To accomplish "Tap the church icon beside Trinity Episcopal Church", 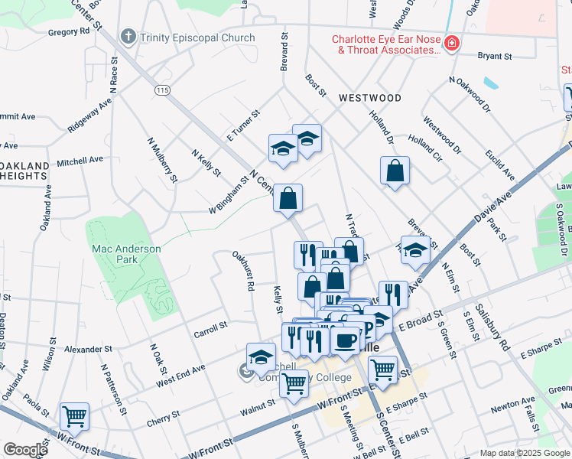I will coord(128,37).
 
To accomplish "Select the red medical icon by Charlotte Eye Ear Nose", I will coord(452,44).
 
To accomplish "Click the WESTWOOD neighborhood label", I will coord(370,98).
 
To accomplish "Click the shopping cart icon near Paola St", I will coord(75,417).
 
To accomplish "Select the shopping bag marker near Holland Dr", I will coord(395,171).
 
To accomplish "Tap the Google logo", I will coord(25,450).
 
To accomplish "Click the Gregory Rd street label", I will coord(68,32).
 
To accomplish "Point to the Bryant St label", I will coord(494,56).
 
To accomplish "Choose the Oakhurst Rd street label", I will coord(246,272).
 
